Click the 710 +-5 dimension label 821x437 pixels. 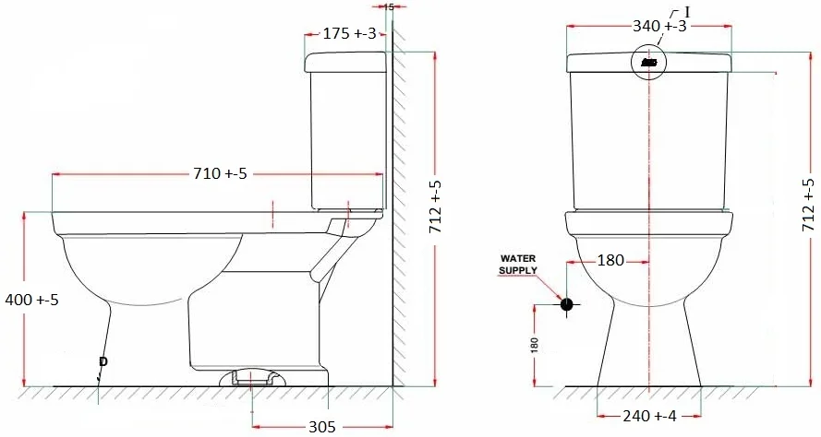pyautogui.click(x=220, y=173)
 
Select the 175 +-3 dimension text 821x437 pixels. pyautogui.click(x=349, y=33)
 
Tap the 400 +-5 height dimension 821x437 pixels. pyautogui.click(x=32, y=300)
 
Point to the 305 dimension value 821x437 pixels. pyautogui.click(x=321, y=427)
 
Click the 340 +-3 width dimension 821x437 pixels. pyautogui.click(x=659, y=26)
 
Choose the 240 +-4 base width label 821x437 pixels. pyautogui.click(x=649, y=416)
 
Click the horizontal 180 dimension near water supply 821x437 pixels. pyautogui.click(x=610, y=260)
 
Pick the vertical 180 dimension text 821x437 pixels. pyautogui.click(x=534, y=345)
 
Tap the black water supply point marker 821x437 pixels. pyautogui.click(x=566, y=303)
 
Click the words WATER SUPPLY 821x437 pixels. pyautogui.click(x=518, y=264)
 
